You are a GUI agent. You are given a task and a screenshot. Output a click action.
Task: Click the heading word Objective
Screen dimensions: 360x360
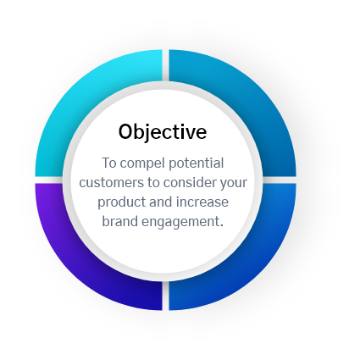click(x=163, y=132)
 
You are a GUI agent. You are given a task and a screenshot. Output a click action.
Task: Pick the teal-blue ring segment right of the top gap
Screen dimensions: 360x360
click(x=248, y=93)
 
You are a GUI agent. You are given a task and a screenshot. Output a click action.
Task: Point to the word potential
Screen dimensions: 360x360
click(x=196, y=163)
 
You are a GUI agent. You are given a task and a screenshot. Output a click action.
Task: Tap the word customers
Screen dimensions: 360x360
click(x=111, y=183)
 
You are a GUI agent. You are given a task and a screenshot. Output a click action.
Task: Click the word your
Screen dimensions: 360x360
click(x=234, y=184)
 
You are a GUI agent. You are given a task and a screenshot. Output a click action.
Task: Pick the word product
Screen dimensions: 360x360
click(x=122, y=202)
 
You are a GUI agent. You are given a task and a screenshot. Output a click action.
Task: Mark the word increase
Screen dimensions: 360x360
click(x=202, y=202)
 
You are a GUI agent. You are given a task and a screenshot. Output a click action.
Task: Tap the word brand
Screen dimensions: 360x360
click(x=119, y=221)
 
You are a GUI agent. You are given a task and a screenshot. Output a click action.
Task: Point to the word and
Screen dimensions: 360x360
click(x=160, y=202)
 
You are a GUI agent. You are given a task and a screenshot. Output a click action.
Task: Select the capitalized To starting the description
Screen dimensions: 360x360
click(x=109, y=163)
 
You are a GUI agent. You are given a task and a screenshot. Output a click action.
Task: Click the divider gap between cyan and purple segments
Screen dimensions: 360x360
click(x=49, y=180)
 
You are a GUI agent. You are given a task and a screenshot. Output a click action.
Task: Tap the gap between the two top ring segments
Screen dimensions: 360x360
click(x=165, y=65)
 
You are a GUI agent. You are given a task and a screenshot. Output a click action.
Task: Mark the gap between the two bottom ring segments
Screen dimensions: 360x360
click(x=165, y=296)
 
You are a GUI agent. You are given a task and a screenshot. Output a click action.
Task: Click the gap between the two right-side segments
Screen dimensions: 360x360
click(x=280, y=180)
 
